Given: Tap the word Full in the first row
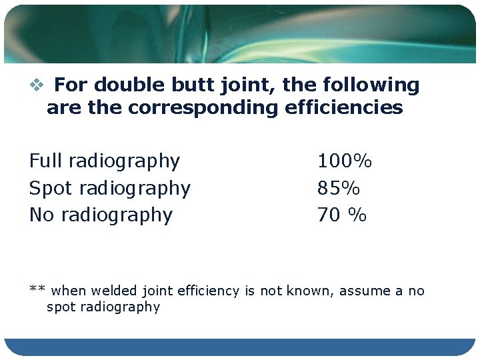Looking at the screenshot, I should click(x=45, y=161).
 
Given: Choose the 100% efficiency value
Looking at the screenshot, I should click(x=345, y=161).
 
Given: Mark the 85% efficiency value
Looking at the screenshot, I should click(x=339, y=189).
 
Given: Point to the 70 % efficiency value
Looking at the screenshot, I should click(x=342, y=215).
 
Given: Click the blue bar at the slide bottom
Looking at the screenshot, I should click(x=240, y=347).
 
